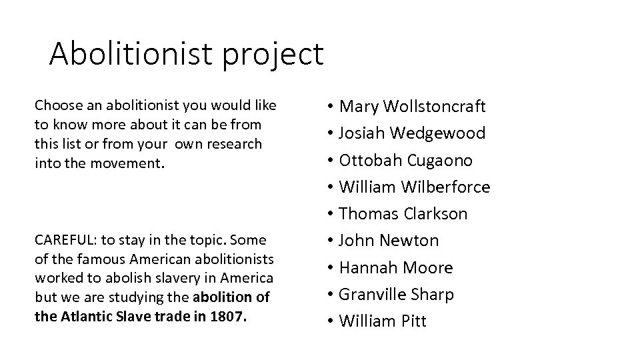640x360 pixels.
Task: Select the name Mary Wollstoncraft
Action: tap(412, 106)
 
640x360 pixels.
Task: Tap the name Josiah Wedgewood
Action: tap(412, 133)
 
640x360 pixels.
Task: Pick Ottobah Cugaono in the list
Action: tap(405, 160)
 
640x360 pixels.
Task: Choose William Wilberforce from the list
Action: tap(414, 187)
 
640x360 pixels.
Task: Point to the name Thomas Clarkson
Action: tap(403, 214)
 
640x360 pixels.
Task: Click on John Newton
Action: tap(389, 241)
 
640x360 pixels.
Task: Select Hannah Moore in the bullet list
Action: tap(396, 267)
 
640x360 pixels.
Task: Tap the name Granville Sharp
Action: tap(396, 294)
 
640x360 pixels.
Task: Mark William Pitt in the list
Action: tap(383, 321)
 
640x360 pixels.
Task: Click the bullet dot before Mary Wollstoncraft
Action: tap(331, 107)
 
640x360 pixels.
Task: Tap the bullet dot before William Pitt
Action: tap(331, 322)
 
